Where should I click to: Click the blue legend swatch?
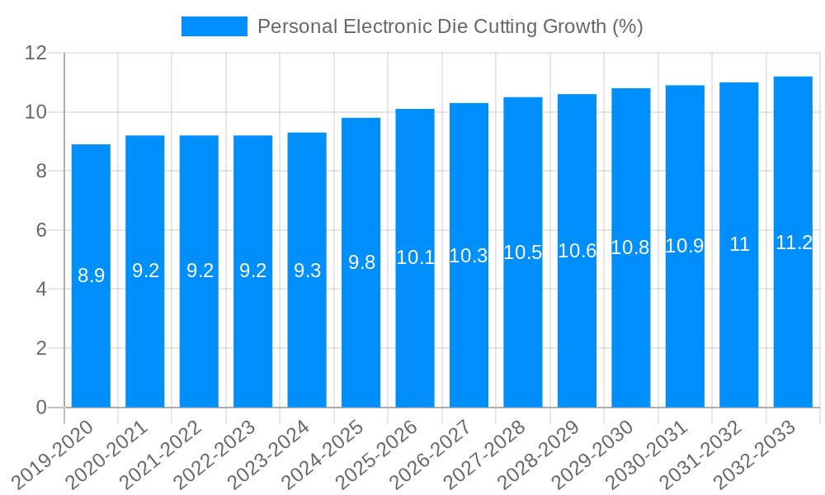point(214,26)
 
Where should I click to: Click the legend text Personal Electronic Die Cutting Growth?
point(450,26)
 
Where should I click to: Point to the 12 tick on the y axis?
point(35,53)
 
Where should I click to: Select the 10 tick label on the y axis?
point(35,112)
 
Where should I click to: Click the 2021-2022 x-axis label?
point(170,455)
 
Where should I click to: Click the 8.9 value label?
point(91,276)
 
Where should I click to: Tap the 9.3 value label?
point(307,271)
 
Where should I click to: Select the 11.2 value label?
point(794,243)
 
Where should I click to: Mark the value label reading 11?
point(739,245)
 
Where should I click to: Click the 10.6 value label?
point(577,251)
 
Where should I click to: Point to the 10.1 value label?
point(415,257)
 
